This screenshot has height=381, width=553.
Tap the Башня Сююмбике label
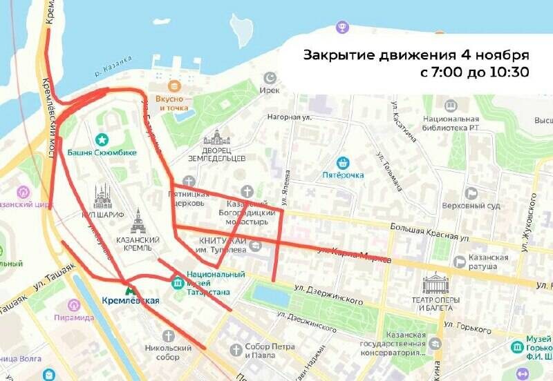click(102, 153)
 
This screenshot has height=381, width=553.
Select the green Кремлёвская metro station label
click(131, 300)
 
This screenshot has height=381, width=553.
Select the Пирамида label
click(74, 317)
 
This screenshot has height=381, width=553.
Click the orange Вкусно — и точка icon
click(174, 86)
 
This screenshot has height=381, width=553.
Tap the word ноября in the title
click(500, 55)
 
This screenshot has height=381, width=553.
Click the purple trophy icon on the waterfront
click(341, 28)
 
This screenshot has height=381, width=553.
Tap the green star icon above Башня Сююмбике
click(102, 139)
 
